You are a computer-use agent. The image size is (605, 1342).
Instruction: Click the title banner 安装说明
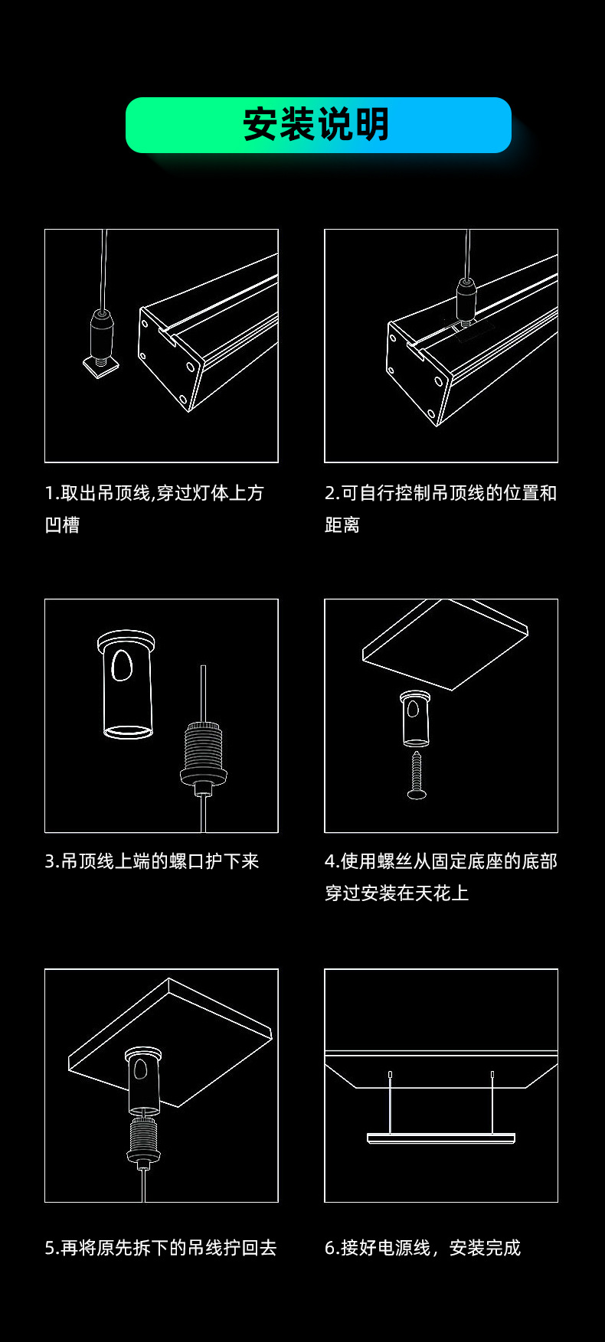pos(318,125)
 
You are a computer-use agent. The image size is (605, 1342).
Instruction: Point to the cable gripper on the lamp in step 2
pos(466,299)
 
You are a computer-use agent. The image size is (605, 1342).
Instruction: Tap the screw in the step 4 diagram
pos(417,775)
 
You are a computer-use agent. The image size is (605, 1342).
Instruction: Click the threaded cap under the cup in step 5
pos(143,1141)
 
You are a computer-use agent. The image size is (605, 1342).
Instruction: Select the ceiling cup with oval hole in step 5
pos(142,1079)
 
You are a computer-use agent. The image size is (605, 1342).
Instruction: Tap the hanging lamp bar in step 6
pos(440,1138)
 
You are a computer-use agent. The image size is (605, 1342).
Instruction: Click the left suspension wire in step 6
pos(390,1102)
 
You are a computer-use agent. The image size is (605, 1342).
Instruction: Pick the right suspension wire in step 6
pos(492,1102)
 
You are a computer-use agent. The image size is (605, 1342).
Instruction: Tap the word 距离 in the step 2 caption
pos(342,525)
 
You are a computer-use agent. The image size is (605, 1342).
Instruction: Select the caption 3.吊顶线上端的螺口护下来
pos(152,861)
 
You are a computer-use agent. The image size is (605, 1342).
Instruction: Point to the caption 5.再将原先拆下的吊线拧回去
pos(161,1248)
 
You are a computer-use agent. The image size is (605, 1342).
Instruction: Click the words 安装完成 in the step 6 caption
pos(485,1248)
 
